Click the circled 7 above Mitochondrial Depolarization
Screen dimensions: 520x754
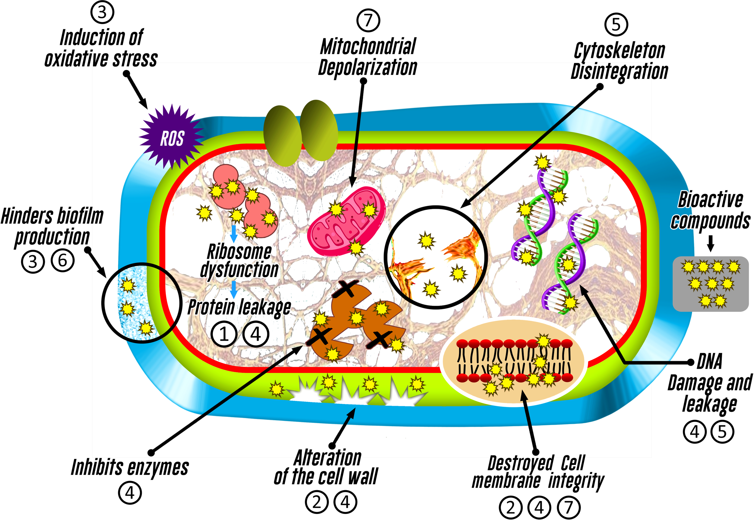[368, 20]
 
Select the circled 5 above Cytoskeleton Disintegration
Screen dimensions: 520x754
[616, 24]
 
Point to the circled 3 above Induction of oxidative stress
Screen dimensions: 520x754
[102, 12]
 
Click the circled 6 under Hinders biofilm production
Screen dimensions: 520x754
[63, 260]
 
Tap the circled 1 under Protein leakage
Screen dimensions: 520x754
[224, 334]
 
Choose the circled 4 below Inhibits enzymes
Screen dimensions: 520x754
[130, 493]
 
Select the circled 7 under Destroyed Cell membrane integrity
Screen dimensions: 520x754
[569, 507]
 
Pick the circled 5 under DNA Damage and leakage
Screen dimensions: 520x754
[722, 432]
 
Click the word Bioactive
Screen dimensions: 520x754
[711, 200]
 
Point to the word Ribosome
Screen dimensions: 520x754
[239, 252]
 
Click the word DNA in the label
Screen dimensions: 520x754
[709, 361]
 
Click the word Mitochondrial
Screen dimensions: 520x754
[368, 46]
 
